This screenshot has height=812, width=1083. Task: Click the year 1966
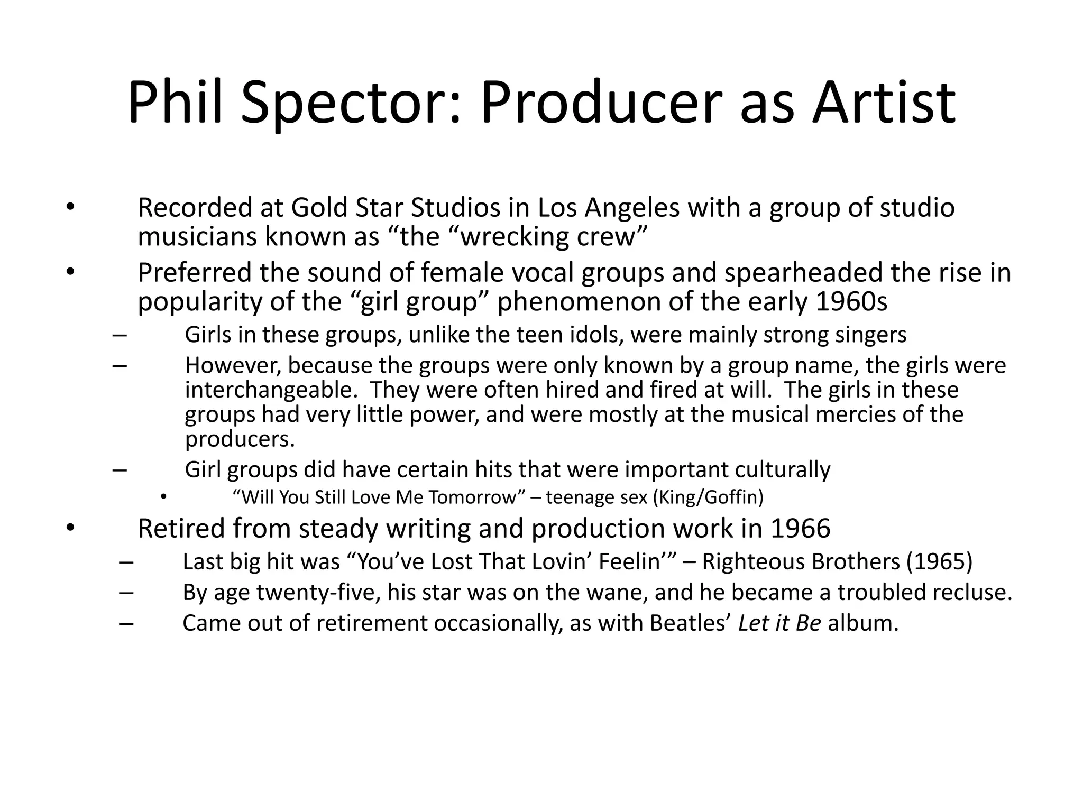click(x=800, y=529)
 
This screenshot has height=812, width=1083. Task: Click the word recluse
click(x=972, y=593)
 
